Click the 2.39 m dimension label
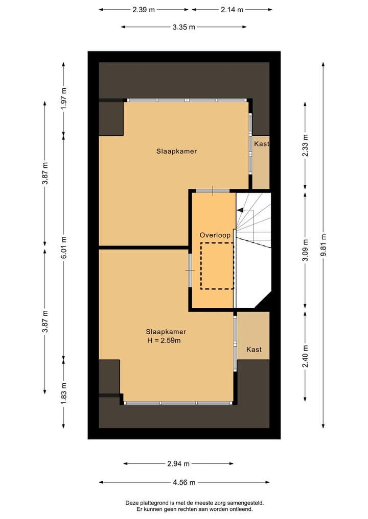(144, 9)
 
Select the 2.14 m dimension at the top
(232, 9)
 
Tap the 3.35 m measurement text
(184, 27)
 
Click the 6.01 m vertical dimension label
(64, 247)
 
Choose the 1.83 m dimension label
(64, 392)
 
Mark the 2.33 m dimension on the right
(305, 144)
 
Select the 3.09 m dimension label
(305, 251)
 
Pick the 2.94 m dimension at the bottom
(178, 464)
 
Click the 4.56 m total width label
(184, 482)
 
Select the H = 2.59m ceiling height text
(164, 340)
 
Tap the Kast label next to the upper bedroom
(261, 144)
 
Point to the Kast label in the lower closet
(254, 350)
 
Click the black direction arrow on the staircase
(240, 210)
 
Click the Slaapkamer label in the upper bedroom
(176, 151)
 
